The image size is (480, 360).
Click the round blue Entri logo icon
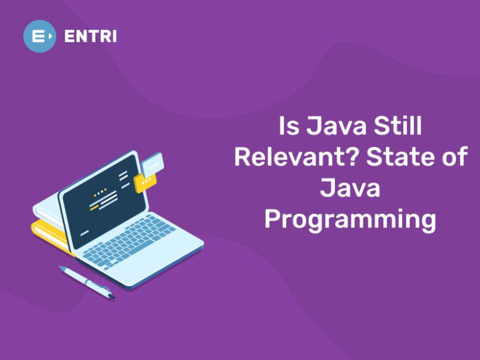point(40,36)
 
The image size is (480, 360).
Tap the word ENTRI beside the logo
point(91,36)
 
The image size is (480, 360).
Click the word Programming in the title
point(350,220)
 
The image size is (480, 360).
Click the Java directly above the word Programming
point(350,188)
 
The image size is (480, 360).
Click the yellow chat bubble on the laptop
point(146,181)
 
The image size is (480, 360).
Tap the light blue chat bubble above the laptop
point(154,161)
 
